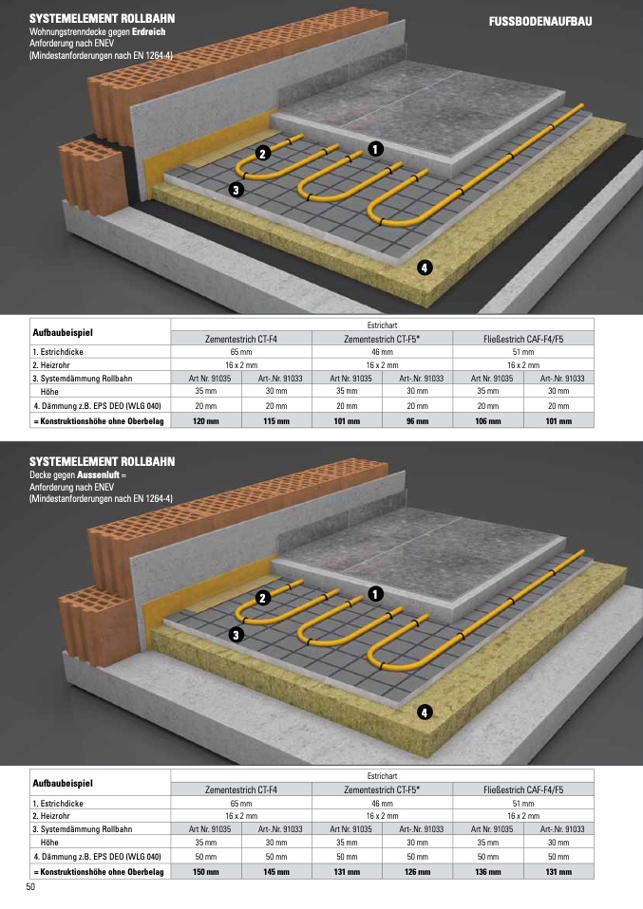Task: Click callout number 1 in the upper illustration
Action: pos(375,149)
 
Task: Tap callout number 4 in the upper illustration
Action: pos(425,268)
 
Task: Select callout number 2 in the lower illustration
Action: pos(263,599)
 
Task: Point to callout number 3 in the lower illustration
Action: pos(236,635)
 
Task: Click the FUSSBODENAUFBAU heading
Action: pos(540,22)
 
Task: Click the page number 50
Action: pos(30,887)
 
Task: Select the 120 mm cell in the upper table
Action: pos(206,421)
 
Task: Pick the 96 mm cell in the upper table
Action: pos(418,421)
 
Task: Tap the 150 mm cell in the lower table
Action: pos(206,871)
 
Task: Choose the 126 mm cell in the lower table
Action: pos(418,871)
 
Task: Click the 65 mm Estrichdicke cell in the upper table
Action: pos(241,352)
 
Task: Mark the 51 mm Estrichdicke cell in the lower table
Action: pos(523,804)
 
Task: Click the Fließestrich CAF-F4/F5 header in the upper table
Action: pos(523,339)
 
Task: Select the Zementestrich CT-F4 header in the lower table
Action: pos(241,789)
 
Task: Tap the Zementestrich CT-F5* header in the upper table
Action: pos(382,339)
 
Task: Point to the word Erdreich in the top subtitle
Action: pos(148,32)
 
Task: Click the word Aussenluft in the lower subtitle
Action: pos(98,474)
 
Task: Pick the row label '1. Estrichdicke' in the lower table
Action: pos(58,804)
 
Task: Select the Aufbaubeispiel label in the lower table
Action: pos(63,783)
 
